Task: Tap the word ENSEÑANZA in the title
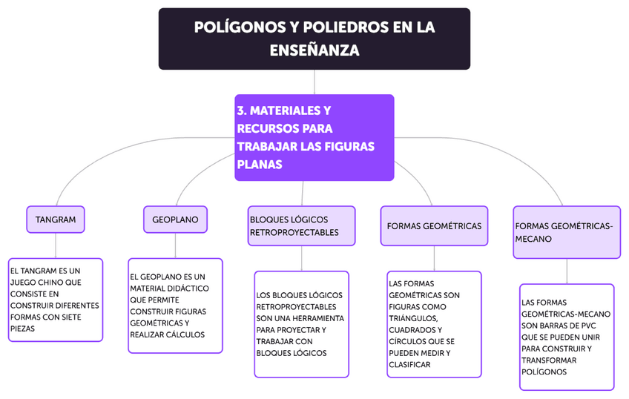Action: click(x=314, y=50)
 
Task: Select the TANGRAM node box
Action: click(x=56, y=220)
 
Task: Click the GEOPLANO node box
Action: click(x=175, y=220)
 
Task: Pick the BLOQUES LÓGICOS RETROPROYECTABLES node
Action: click(x=301, y=225)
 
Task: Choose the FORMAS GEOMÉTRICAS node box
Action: click(x=434, y=225)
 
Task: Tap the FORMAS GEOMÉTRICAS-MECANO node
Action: click(x=566, y=232)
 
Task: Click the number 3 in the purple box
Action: click(x=241, y=111)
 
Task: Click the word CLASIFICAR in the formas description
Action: click(x=409, y=364)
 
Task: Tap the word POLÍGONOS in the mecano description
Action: click(x=544, y=372)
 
